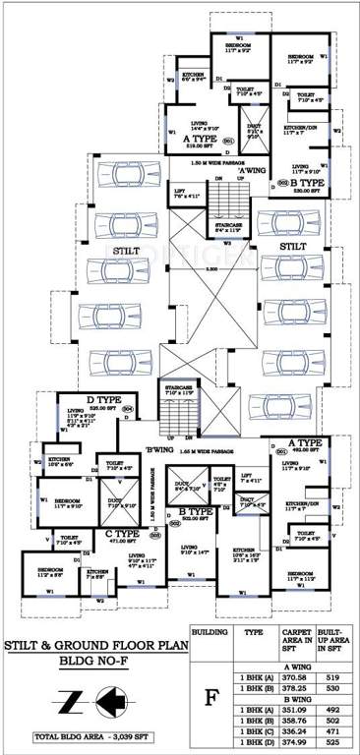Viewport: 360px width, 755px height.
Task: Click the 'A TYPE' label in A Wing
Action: point(201,141)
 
